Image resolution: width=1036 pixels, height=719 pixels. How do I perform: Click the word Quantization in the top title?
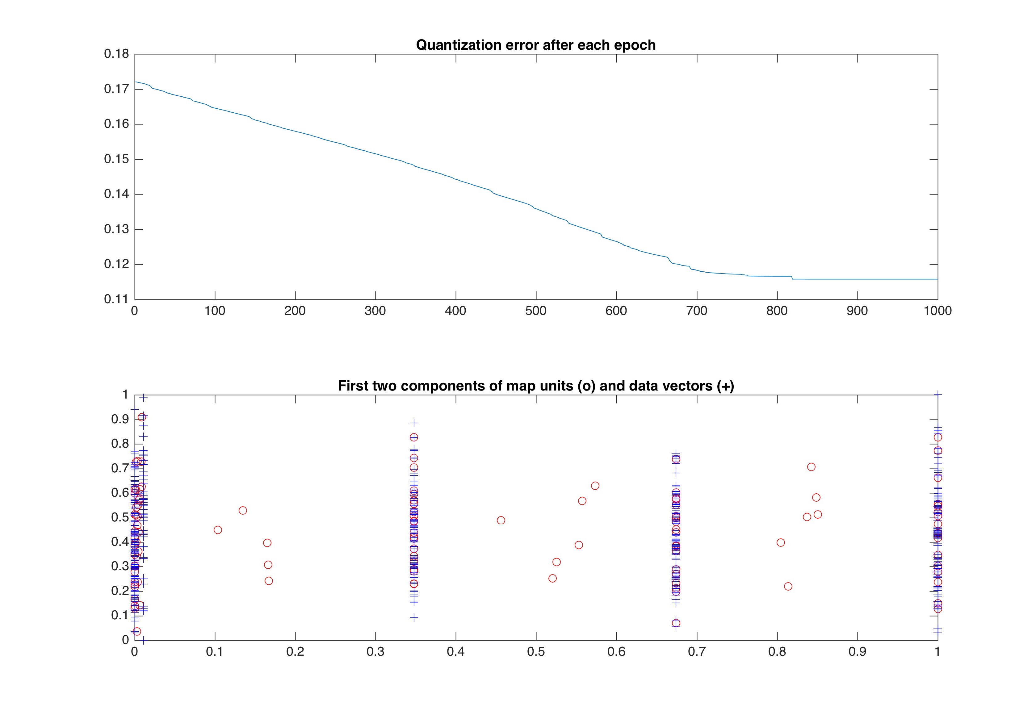click(x=454, y=45)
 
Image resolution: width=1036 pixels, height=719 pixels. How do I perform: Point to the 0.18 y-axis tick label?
click(x=116, y=54)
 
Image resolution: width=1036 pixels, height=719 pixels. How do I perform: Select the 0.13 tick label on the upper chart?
click(x=116, y=229)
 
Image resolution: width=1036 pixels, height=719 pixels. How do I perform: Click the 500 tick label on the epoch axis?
click(x=536, y=311)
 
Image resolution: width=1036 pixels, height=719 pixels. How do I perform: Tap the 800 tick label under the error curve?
click(x=777, y=311)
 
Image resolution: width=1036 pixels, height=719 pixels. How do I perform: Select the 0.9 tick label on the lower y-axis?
click(x=120, y=420)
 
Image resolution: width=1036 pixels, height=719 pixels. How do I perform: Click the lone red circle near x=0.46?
click(x=501, y=520)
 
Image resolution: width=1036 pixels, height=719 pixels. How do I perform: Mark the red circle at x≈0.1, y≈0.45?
click(x=218, y=530)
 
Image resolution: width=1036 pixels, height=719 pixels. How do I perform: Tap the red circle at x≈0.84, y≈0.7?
click(x=811, y=467)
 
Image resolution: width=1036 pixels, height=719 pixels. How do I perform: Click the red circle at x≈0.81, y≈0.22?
click(x=788, y=587)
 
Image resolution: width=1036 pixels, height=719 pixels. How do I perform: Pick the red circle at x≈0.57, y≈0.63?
click(x=595, y=486)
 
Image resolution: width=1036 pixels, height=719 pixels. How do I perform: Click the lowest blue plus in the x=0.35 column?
click(x=414, y=618)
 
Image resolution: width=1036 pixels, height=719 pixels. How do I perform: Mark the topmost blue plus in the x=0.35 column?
click(x=414, y=423)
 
